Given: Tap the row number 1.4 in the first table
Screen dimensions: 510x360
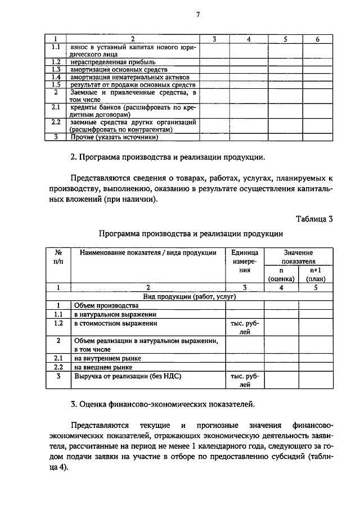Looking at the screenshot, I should click(x=56, y=76).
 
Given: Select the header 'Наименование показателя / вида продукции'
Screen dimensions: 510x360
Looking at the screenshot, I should click(x=148, y=253).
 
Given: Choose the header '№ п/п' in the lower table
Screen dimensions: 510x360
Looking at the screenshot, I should click(x=57, y=257).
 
